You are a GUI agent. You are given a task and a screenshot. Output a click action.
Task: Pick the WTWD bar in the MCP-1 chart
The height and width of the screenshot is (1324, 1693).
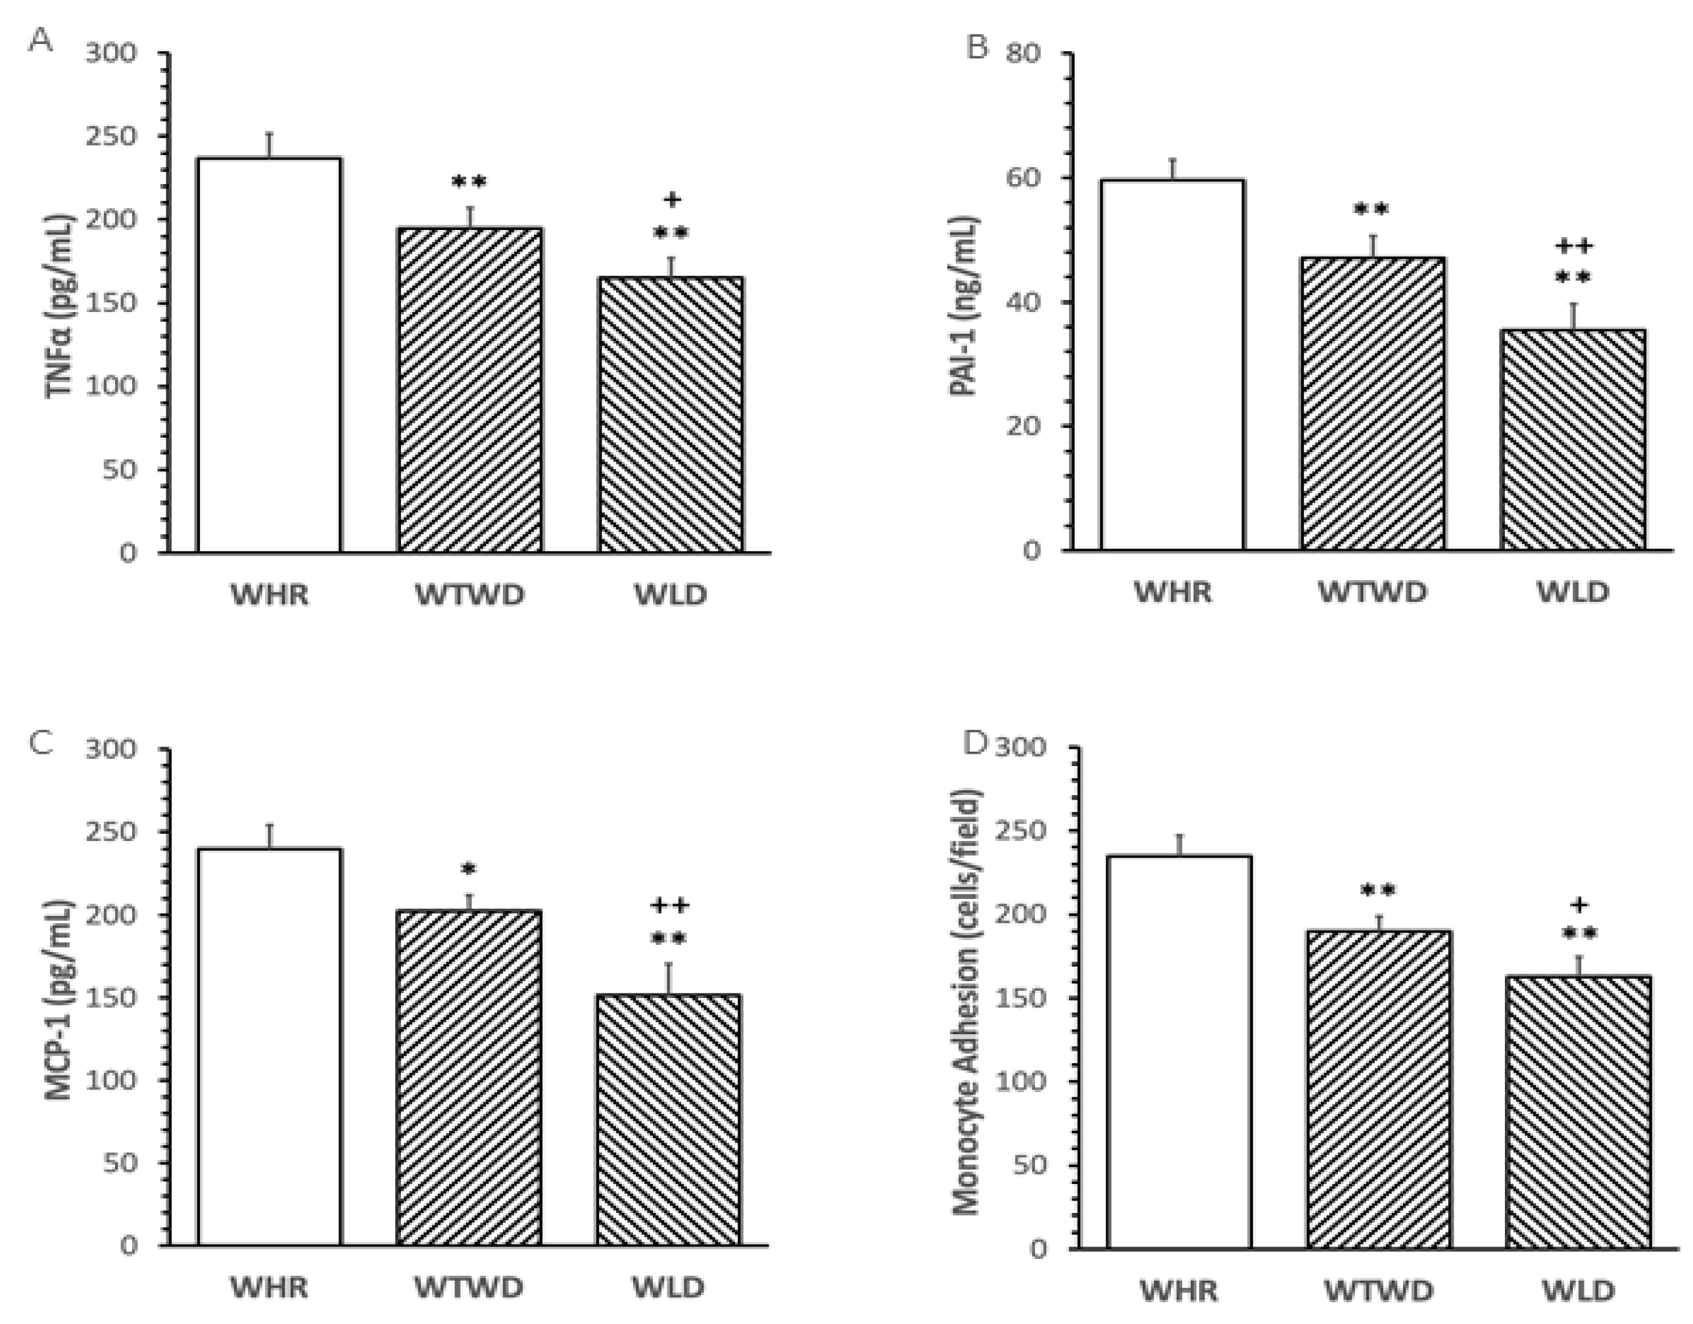pyautogui.click(x=468, y=1078)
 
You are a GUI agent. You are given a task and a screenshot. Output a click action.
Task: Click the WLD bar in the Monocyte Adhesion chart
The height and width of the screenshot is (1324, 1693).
pyautogui.click(x=1578, y=1112)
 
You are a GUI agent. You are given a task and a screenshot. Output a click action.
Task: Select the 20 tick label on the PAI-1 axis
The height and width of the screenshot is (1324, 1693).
pyautogui.click(x=1024, y=426)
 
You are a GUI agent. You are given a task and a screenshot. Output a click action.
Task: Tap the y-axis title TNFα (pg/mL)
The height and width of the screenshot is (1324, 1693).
pyautogui.click(x=61, y=305)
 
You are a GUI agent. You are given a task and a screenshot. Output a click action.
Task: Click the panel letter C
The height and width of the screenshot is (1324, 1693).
pyautogui.click(x=40, y=742)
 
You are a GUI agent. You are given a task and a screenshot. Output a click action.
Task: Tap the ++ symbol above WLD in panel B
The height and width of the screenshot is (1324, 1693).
pyautogui.click(x=1573, y=247)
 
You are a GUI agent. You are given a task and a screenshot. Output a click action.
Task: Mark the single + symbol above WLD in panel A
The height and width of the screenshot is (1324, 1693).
pyautogui.click(x=672, y=200)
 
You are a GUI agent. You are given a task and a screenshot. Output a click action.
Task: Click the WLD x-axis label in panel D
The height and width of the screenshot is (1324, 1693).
pyautogui.click(x=1577, y=1290)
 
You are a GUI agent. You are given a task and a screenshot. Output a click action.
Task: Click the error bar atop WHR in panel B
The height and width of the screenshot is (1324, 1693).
pyautogui.click(x=1174, y=168)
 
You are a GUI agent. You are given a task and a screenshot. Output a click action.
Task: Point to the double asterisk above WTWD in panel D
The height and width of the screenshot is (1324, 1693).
pyautogui.click(x=1378, y=891)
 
